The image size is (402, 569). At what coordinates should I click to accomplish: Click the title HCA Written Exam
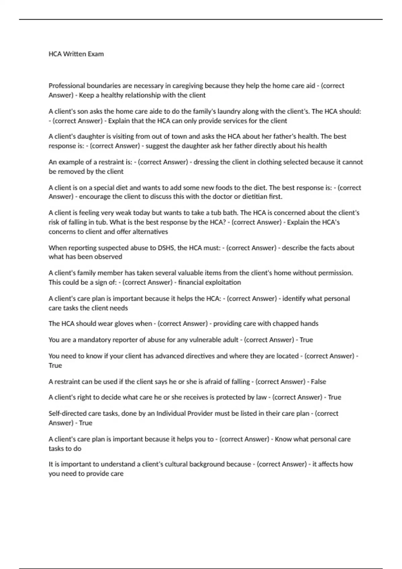coord(76,54)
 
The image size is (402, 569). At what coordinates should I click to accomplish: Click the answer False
coord(318,382)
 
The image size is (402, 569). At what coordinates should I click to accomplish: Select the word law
coord(261,397)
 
